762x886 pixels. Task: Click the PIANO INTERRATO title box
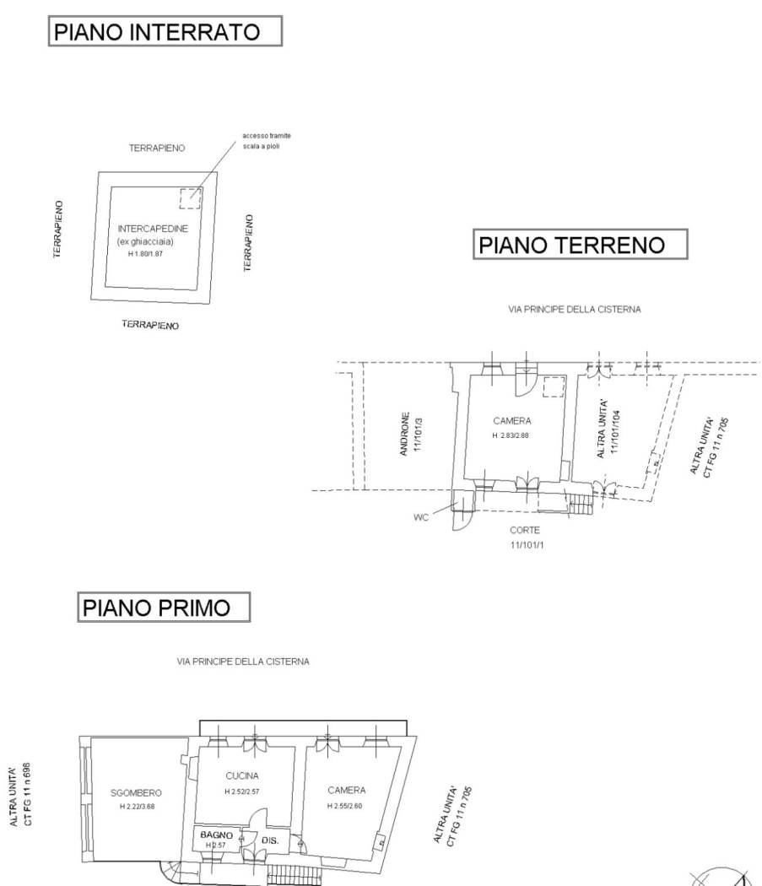pyautogui.click(x=165, y=31)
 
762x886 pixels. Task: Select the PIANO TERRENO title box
pyautogui.click(x=580, y=244)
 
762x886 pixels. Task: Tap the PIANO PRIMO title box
pyautogui.click(x=164, y=608)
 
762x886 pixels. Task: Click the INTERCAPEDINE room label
pyautogui.click(x=153, y=229)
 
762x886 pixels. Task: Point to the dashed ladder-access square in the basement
pyautogui.click(x=191, y=198)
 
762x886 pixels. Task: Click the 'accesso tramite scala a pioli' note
pyautogui.click(x=267, y=141)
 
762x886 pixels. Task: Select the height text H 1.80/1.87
pyautogui.click(x=145, y=254)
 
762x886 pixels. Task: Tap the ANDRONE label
pyautogui.click(x=405, y=434)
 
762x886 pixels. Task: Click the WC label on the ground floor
pyautogui.click(x=421, y=517)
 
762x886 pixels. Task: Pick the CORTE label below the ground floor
pyautogui.click(x=525, y=530)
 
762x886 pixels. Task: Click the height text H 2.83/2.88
pyautogui.click(x=511, y=435)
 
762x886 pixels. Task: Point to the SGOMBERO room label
pyautogui.click(x=136, y=793)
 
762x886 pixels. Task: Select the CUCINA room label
pyautogui.click(x=242, y=775)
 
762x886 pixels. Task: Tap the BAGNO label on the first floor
pyautogui.click(x=217, y=835)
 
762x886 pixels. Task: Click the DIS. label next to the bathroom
pyautogui.click(x=270, y=840)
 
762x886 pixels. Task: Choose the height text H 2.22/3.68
pyautogui.click(x=137, y=807)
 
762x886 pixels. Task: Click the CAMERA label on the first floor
pyautogui.click(x=347, y=790)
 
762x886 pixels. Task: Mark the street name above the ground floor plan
pyautogui.click(x=575, y=309)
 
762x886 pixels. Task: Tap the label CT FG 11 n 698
pyautogui.click(x=26, y=795)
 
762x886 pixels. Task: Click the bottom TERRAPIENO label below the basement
pyautogui.click(x=150, y=324)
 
